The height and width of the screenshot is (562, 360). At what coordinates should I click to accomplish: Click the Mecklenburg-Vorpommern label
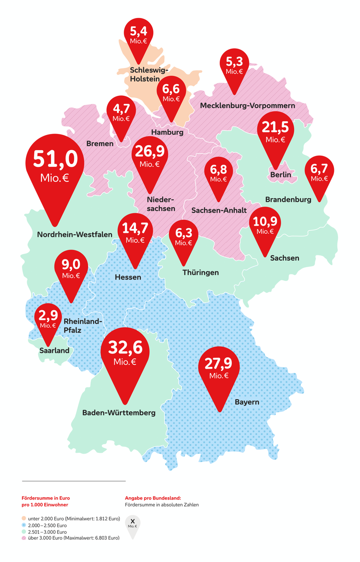(247, 106)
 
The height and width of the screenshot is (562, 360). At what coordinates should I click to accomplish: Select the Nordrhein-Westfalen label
(75, 234)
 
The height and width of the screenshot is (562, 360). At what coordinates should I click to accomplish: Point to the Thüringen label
(201, 272)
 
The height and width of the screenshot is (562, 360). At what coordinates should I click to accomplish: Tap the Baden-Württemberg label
(119, 412)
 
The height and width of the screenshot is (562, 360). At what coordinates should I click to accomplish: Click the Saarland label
(54, 350)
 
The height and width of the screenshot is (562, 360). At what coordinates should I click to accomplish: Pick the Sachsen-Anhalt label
(219, 210)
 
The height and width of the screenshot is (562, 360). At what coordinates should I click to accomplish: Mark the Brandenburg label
(288, 199)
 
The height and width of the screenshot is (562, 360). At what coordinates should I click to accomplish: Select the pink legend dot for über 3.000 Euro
(23, 538)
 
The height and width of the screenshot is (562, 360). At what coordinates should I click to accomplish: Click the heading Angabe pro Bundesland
(153, 498)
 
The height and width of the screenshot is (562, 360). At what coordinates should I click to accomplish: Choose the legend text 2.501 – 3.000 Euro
(47, 531)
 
